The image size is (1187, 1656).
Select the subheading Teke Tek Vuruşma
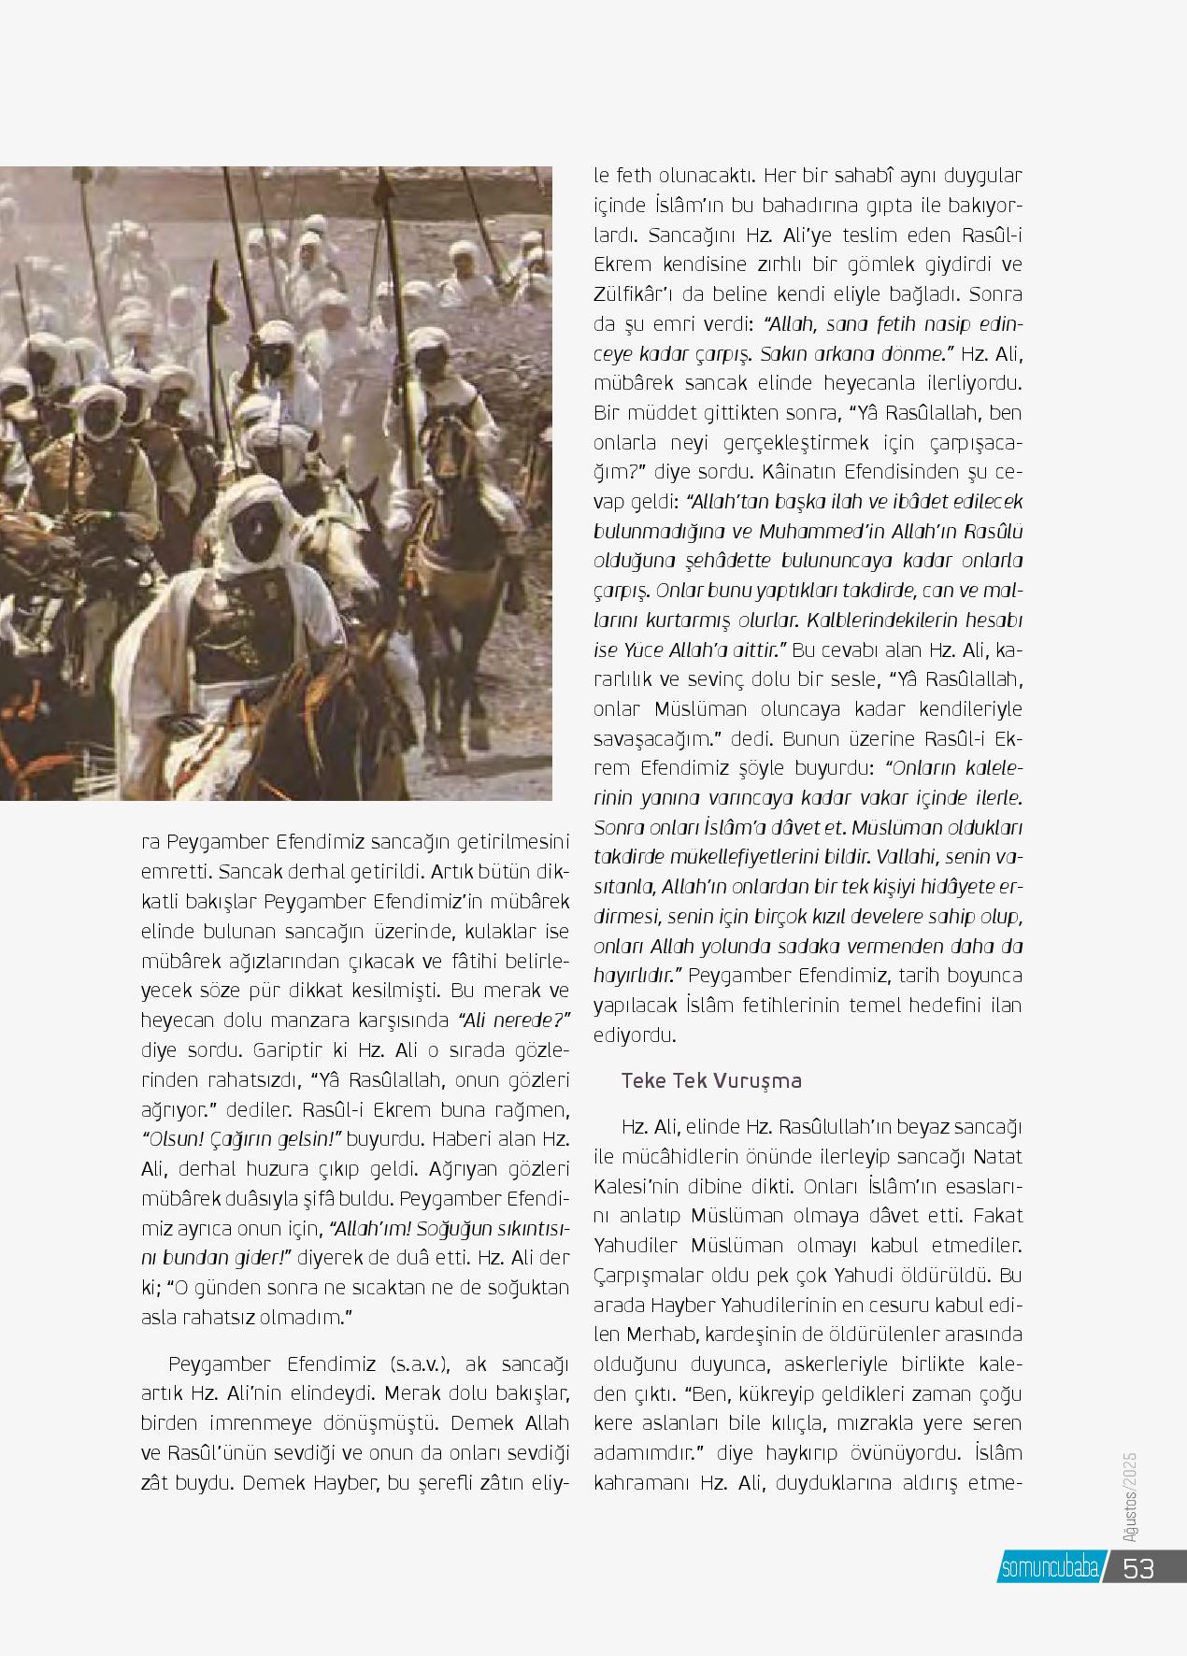711,1080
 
